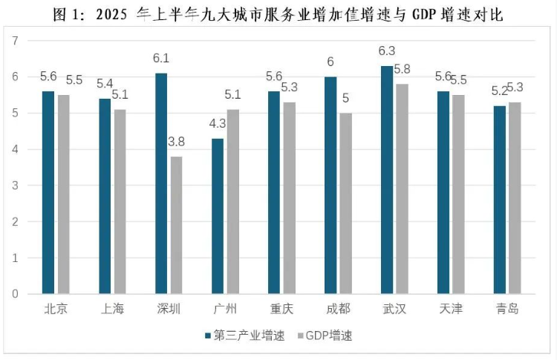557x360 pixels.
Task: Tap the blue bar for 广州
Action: coord(218,216)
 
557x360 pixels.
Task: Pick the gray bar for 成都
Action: coord(345,203)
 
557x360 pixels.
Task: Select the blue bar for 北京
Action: coord(48,192)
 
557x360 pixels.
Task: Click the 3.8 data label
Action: coord(176,142)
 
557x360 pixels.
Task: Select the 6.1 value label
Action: coord(161,58)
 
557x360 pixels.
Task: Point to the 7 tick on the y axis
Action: coord(15,41)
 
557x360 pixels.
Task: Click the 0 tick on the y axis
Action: coord(15,294)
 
